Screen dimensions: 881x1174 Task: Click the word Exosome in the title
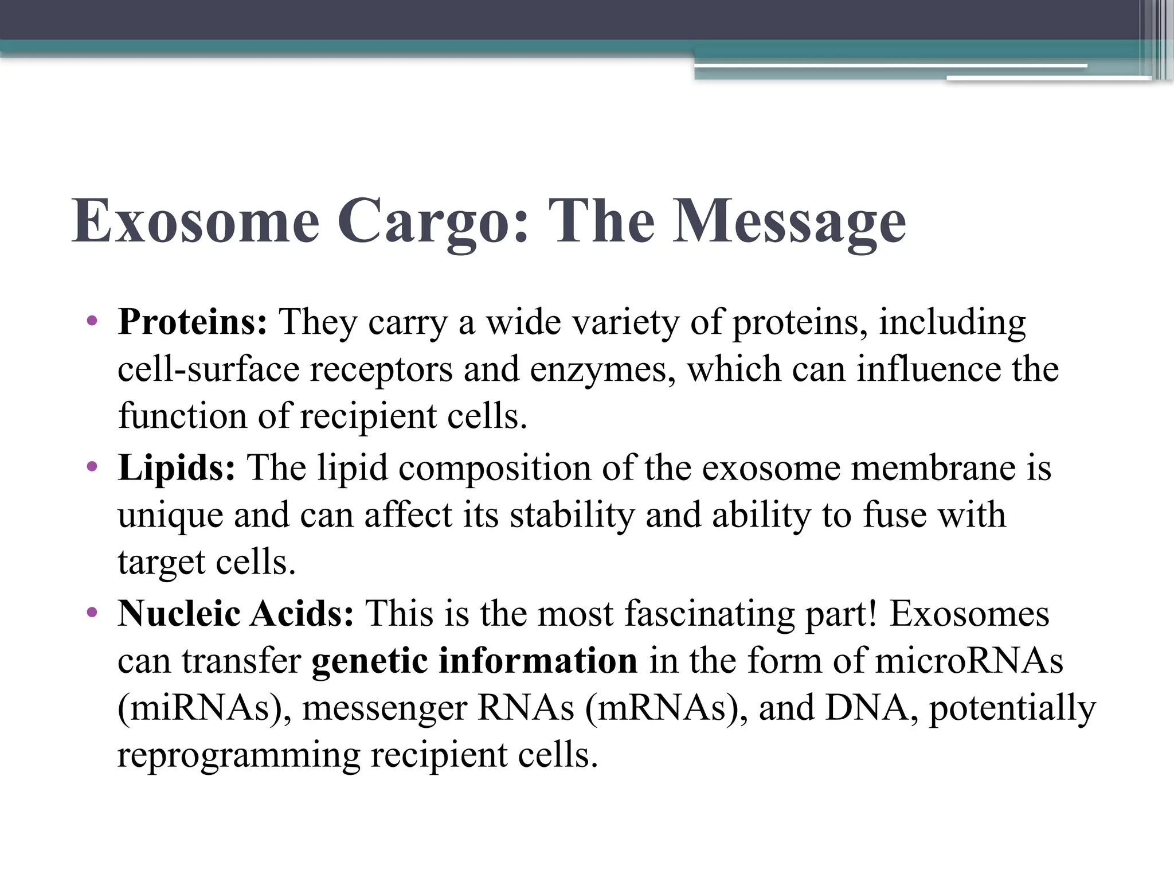(195, 221)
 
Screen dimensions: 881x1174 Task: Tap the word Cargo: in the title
(433, 221)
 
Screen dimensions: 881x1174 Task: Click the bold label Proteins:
(193, 322)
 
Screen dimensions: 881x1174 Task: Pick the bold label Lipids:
(177, 468)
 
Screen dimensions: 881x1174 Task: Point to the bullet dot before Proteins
(92, 321)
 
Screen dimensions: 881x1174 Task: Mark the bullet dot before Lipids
(92, 467)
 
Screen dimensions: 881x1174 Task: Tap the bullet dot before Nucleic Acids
(92, 613)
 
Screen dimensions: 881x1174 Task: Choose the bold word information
(538, 661)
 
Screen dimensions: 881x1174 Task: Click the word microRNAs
(969, 661)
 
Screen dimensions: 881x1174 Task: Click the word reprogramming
(238, 755)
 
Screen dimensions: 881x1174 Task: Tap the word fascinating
(709, 614)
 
